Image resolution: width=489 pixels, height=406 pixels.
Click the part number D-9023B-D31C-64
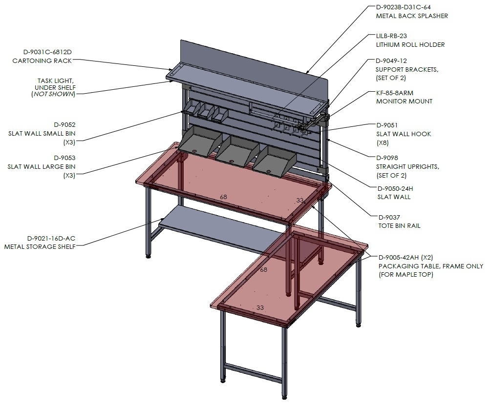pyautogui.click(x=403, y=7)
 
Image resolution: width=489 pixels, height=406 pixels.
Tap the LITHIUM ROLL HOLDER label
pyautogui.click(x=410, y=44)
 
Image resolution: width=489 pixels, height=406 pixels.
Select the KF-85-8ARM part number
pyautogui.click(x=395, y=93)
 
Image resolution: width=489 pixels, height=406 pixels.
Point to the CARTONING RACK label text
pyautogui.click(x=42, y=61)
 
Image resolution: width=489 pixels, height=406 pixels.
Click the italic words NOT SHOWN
pyautogui.click(x=54, y=94)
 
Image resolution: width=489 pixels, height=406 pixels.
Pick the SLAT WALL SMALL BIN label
pyautogui.click(x=42, y=133)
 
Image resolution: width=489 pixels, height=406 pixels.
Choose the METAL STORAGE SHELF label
pyautogui.click(x=40, y=247)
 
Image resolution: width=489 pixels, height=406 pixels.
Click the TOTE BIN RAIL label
pyautogui.click(x=400, y=225)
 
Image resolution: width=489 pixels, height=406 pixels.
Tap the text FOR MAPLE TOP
pyautogui.click(x=406, y=275)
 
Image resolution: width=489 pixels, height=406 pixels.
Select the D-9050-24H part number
pyautogui.click(x=395, y=188)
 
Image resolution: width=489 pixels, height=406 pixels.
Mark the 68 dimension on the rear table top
pyautogui.click(x=223, y=197)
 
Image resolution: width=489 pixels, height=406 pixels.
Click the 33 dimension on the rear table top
pyautogui.click(x=299, y=200)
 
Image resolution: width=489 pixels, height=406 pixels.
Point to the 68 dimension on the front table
pyautogui.click(x=263, y=269)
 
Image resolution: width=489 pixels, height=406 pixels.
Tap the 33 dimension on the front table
pyautogui.click(x=260, y=307)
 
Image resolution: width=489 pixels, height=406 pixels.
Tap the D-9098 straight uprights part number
pyautogui.click(x=387, y=158)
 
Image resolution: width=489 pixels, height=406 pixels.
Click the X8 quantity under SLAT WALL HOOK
pyautogui.click(x=383, y=143)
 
